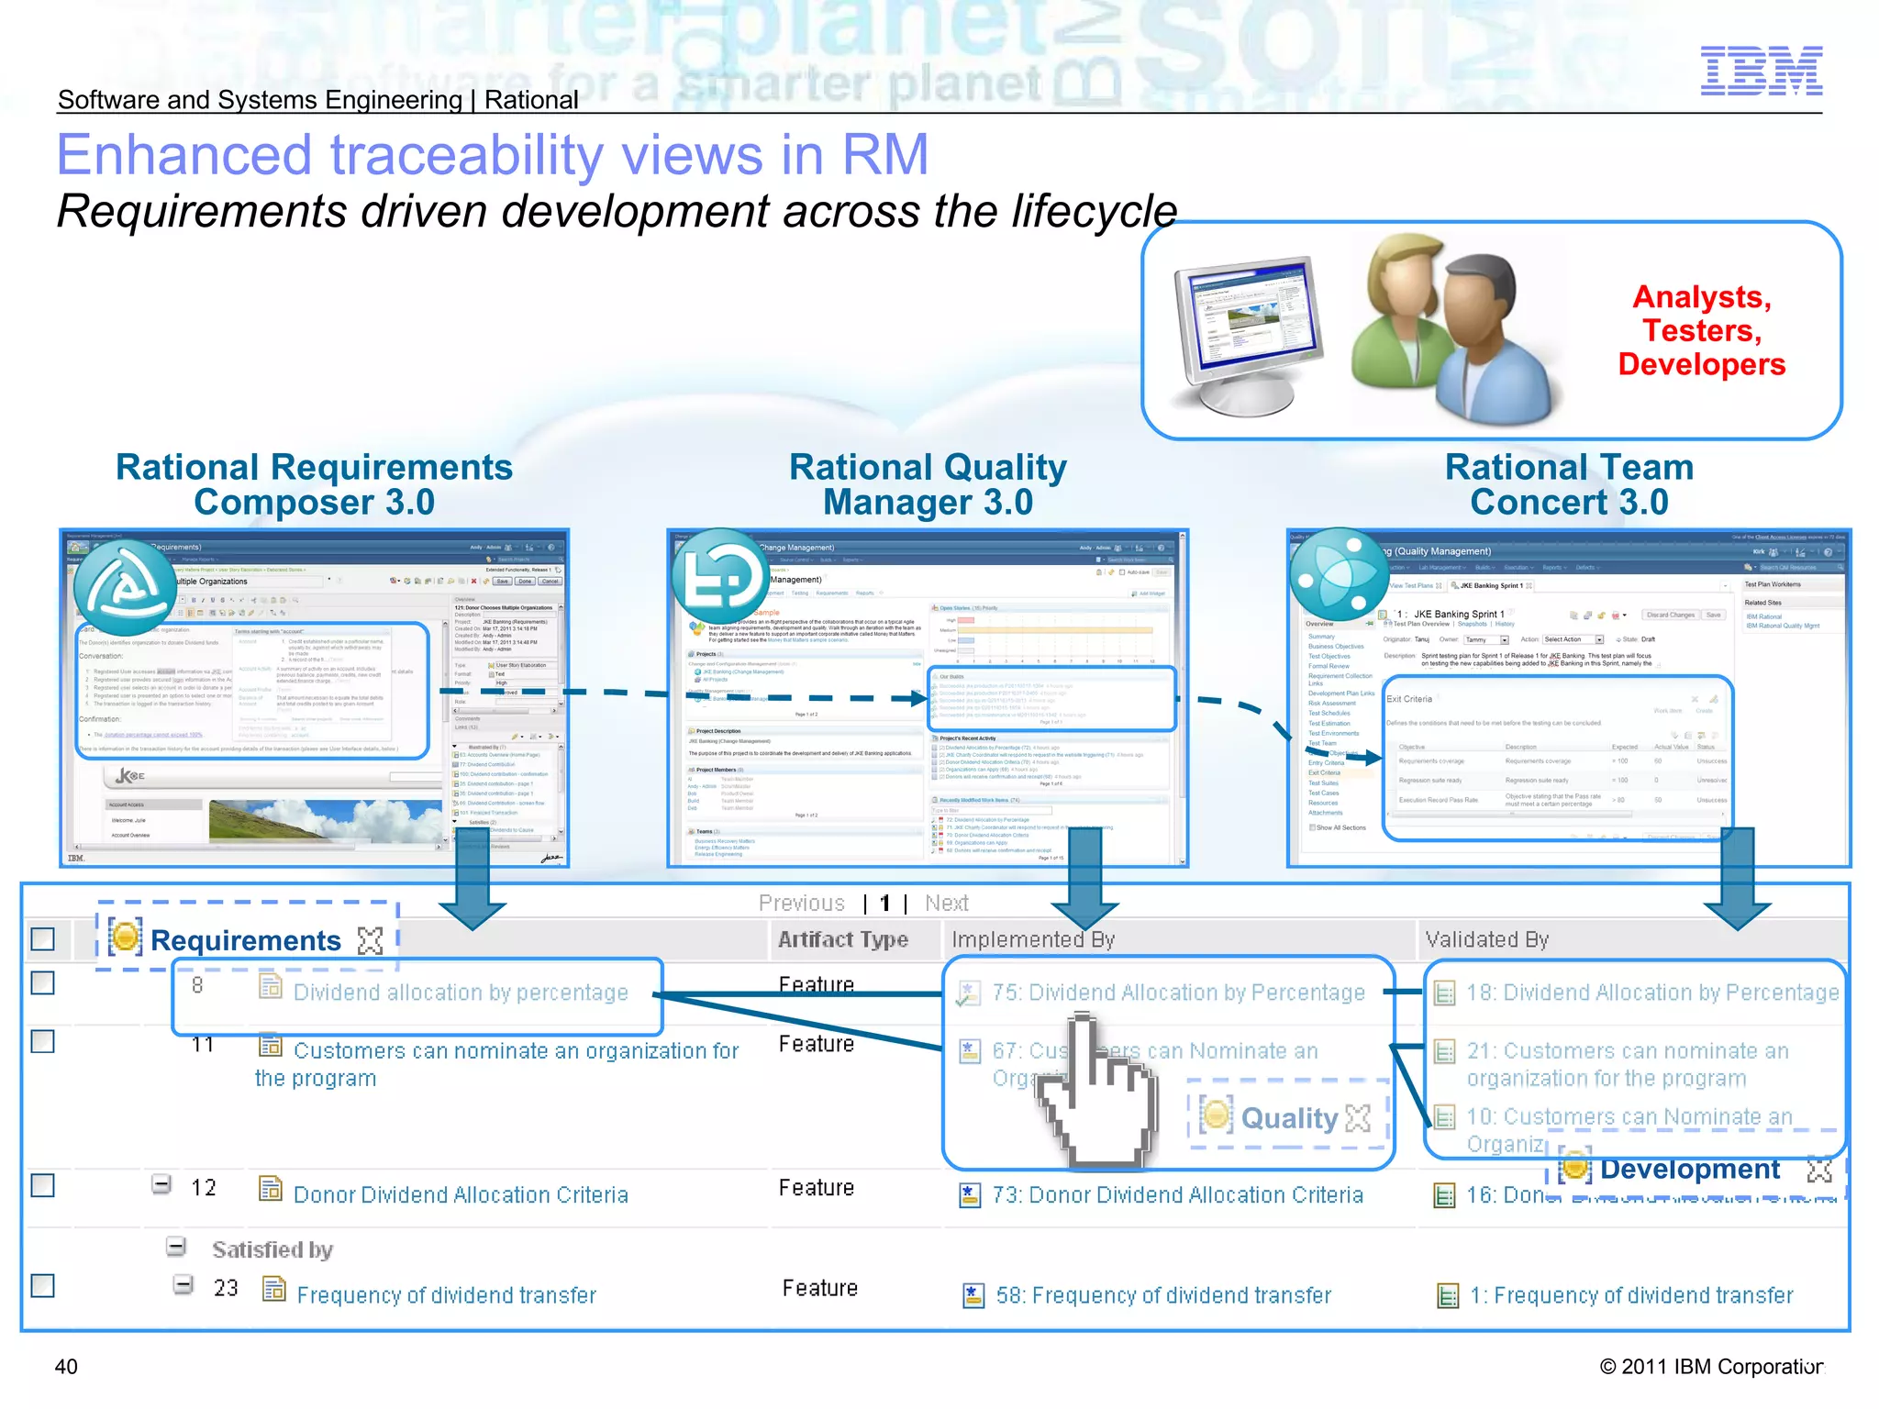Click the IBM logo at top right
tap(1761, 71)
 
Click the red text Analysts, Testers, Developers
tap(1701, 330)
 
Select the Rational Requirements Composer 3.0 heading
tap(314, 484)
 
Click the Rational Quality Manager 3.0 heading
tap(928, 484)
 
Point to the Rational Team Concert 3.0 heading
tap(1569, 484)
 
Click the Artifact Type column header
tap(842, 939)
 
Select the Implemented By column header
tap(1032, 939)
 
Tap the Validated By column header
tap(1486, 939)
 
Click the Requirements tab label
tap(246, 940)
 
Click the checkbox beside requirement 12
tap(43, 1185)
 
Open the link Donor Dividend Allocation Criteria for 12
tap(461, 1194)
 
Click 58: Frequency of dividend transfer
tap(1163, 1295)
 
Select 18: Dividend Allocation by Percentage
tap(1651, 993)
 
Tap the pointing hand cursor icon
tap(1096, 1096)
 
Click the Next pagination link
tap(946, 904)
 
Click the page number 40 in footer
tap(66, 1367)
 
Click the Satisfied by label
tap(272, 1249)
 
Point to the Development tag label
tap(1689, 1170)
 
